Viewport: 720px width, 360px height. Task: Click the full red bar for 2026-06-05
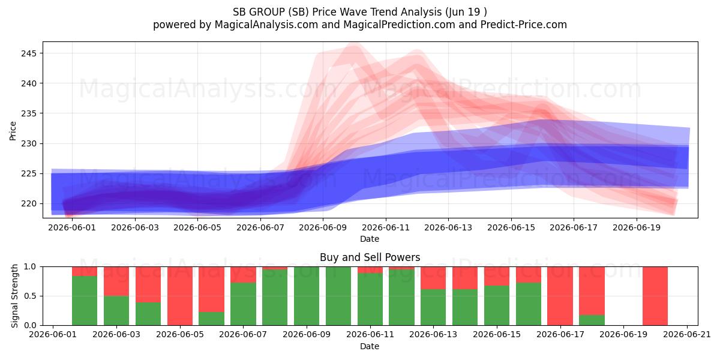click(180, 296)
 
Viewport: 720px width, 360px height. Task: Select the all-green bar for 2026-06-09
click(307, 296)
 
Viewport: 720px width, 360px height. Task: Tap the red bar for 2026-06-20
click(655, 296)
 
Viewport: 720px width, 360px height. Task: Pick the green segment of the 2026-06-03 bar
click(116, 311)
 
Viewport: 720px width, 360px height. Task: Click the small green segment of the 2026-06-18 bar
click(592, 320)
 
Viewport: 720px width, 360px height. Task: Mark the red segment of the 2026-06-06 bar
click(211, 289)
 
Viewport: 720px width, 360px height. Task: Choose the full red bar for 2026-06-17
click(560, 296)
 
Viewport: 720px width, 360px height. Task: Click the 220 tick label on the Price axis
click(29, 204)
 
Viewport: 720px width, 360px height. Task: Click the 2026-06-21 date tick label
click(687, 335)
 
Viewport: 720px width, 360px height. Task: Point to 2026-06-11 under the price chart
click(386, 227)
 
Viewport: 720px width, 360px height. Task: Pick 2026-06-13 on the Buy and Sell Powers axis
click(433, 335)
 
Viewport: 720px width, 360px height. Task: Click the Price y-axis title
click(13, 131)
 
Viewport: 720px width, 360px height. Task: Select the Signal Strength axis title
click(14, 296)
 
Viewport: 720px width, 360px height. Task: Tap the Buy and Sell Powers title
click(370, 257)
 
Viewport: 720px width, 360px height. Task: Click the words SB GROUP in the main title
click(259, 12)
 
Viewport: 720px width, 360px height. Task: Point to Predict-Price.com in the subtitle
click(524, 25)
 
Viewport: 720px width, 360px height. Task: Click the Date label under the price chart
click(370, 239)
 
